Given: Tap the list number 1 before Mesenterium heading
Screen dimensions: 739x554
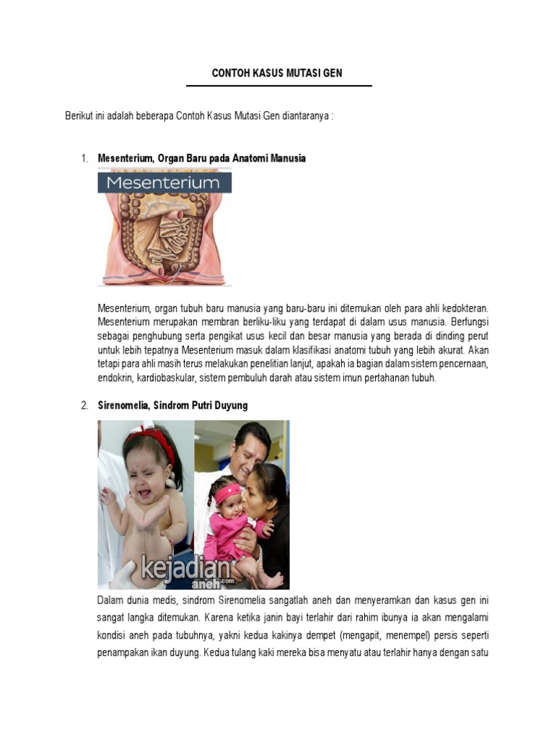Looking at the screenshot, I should pos(84,158).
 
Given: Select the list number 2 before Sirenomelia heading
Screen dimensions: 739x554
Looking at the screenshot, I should pos(84,406).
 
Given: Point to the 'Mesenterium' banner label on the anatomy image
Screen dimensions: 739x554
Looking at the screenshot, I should pos(163,183).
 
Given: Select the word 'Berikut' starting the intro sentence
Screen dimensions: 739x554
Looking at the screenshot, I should pos(79,117).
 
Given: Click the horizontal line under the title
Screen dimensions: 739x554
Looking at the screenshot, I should pos(278,86).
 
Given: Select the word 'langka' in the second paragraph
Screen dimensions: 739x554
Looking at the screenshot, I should pos(144,618).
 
